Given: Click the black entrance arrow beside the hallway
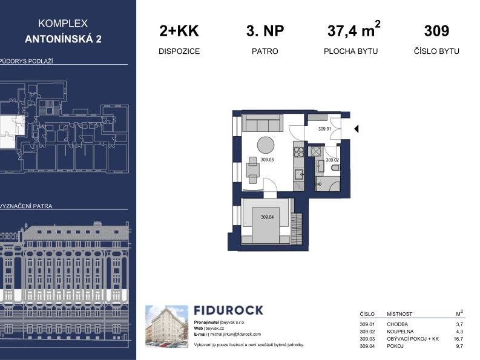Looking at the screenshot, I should pyautogui.click(x=357, y=129).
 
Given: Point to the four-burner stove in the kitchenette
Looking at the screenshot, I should pyautogui.click(x=298, y=151).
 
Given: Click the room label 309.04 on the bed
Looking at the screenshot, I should pyautogui.click(x=267, y=217).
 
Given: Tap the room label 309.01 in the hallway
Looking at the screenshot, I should pyautogui.click(x=325, y=129).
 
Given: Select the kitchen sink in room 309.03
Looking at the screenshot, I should pyautogui.click(x=298, y=175).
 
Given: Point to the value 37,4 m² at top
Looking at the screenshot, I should pyautogui.click(x=354, y=30).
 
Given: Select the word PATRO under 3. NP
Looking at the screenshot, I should pyautogui.click(x=265, y=51).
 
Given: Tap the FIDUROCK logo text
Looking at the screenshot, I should pyautogui.click(x=228, y=310).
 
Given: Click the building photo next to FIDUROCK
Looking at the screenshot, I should pyautogui.click(x=166, y=327).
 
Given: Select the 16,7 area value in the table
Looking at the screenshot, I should pyautogui.click(x=459, y=339).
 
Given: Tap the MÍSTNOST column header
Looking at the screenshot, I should pyautogui.click(x=399, y=314).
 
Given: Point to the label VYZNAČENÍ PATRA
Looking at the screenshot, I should pyautogui.click(x=27, y=206).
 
